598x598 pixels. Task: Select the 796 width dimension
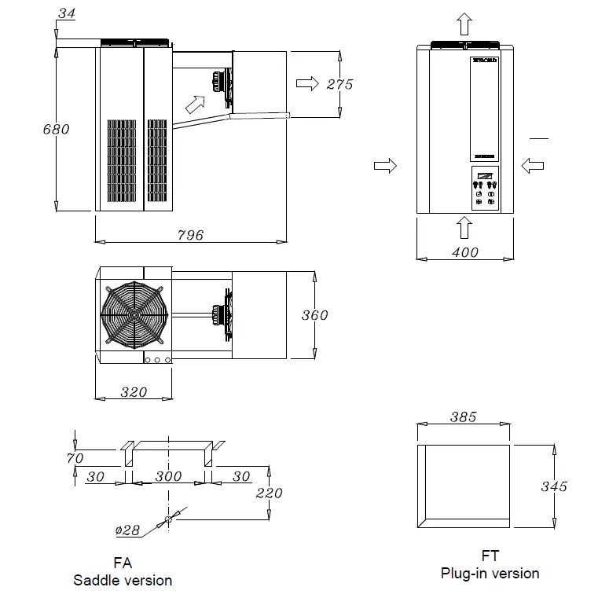[190, 234]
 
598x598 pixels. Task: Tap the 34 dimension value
[67, 13]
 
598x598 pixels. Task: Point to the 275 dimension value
[339, 84]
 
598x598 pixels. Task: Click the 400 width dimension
[464, 252]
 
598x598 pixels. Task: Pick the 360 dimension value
[314, 316]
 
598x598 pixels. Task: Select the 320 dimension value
[134, 391]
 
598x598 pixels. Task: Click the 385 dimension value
[463, 417]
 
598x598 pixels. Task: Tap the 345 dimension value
[554, 486]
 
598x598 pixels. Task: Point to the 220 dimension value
[269, 493]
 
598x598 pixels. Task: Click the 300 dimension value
[168, 476]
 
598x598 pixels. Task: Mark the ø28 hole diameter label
[127, 530]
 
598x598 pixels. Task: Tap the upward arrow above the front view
[464, 24]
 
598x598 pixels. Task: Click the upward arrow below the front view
[464, 227]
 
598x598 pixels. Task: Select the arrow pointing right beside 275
[308, 83]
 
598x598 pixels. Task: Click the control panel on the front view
[483, 189]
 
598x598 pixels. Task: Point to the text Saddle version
[123, 581]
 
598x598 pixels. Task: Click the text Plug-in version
[490, 573]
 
